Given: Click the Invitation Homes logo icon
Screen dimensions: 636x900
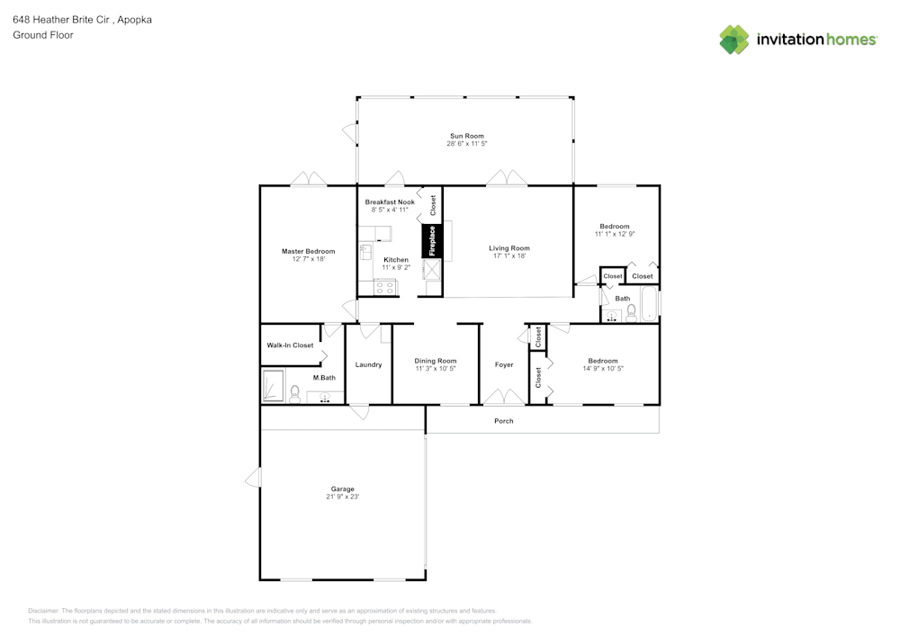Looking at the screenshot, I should point(734,40).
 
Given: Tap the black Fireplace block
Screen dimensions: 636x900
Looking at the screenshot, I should point(431,241).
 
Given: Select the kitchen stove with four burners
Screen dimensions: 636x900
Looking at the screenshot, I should point(385,288).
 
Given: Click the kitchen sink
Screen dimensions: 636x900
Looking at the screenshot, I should point(365,251).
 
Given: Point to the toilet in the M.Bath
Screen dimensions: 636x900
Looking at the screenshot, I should point(294,393).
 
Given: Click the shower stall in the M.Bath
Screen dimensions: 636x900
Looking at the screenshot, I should point(273,386).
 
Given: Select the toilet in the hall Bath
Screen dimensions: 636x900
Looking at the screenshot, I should point(631,313).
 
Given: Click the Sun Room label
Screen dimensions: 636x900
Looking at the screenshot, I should point(467,136).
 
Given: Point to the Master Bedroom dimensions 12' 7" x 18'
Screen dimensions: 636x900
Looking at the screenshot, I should point(308,259).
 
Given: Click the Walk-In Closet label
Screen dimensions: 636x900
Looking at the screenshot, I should point(290,345).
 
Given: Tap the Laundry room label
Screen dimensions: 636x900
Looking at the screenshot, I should point(368,364).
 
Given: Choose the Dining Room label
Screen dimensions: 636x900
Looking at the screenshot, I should point(436,361).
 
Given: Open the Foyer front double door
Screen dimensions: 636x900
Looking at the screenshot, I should point(503,397).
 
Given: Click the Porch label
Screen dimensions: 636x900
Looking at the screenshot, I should point(504,421).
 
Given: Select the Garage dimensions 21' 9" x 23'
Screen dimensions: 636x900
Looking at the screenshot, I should point(342,497).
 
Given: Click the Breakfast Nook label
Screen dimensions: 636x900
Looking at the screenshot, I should point(390,202).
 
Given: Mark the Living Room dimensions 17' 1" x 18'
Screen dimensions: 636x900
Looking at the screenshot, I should point(509,255).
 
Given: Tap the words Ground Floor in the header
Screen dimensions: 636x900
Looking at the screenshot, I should point(43,35).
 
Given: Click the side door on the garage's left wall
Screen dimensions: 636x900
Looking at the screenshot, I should point(254,478).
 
